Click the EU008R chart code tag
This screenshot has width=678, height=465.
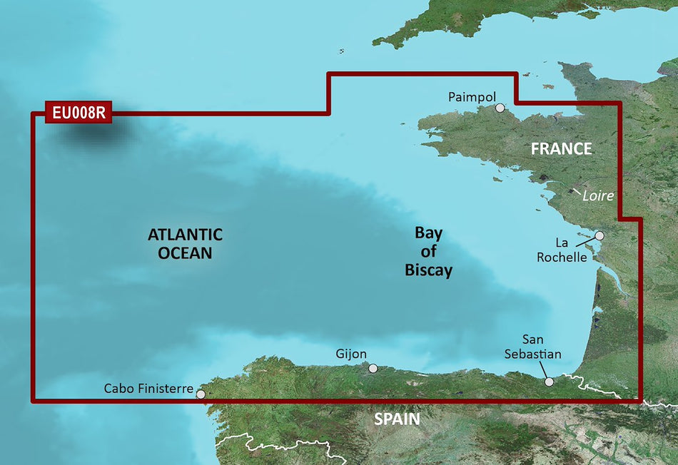click(x=78, y=113)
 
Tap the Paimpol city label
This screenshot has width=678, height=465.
click(x=470, y=96)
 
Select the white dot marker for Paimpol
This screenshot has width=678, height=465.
click(x=500, y=108)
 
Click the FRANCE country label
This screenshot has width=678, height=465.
click(x=561, y=148)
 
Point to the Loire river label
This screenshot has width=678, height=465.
click(x=598, y=195)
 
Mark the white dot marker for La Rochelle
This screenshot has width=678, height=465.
click(x=599, y=235)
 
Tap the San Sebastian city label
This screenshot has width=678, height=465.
click(x=542, y=347)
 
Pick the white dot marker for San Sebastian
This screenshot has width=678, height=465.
click(x=549, y=382)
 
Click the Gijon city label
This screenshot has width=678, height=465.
click(x=351, y=354)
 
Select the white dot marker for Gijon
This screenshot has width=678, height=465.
click(x=373, y=369)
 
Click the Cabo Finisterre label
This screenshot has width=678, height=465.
click(x=148, y=389)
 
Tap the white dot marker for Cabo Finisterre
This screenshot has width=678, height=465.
click(x=201, y=394)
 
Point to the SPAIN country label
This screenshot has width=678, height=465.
click(x=398, y=419)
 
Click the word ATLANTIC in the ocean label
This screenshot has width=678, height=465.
click(x=185, y=234)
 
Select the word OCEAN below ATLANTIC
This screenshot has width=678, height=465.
click(x=185, y=252)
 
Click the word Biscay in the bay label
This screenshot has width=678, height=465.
click(x=429, y=270)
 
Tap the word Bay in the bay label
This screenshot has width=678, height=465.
click(x=429, y=233)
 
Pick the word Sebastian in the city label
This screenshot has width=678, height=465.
click(x=542, y=354)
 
